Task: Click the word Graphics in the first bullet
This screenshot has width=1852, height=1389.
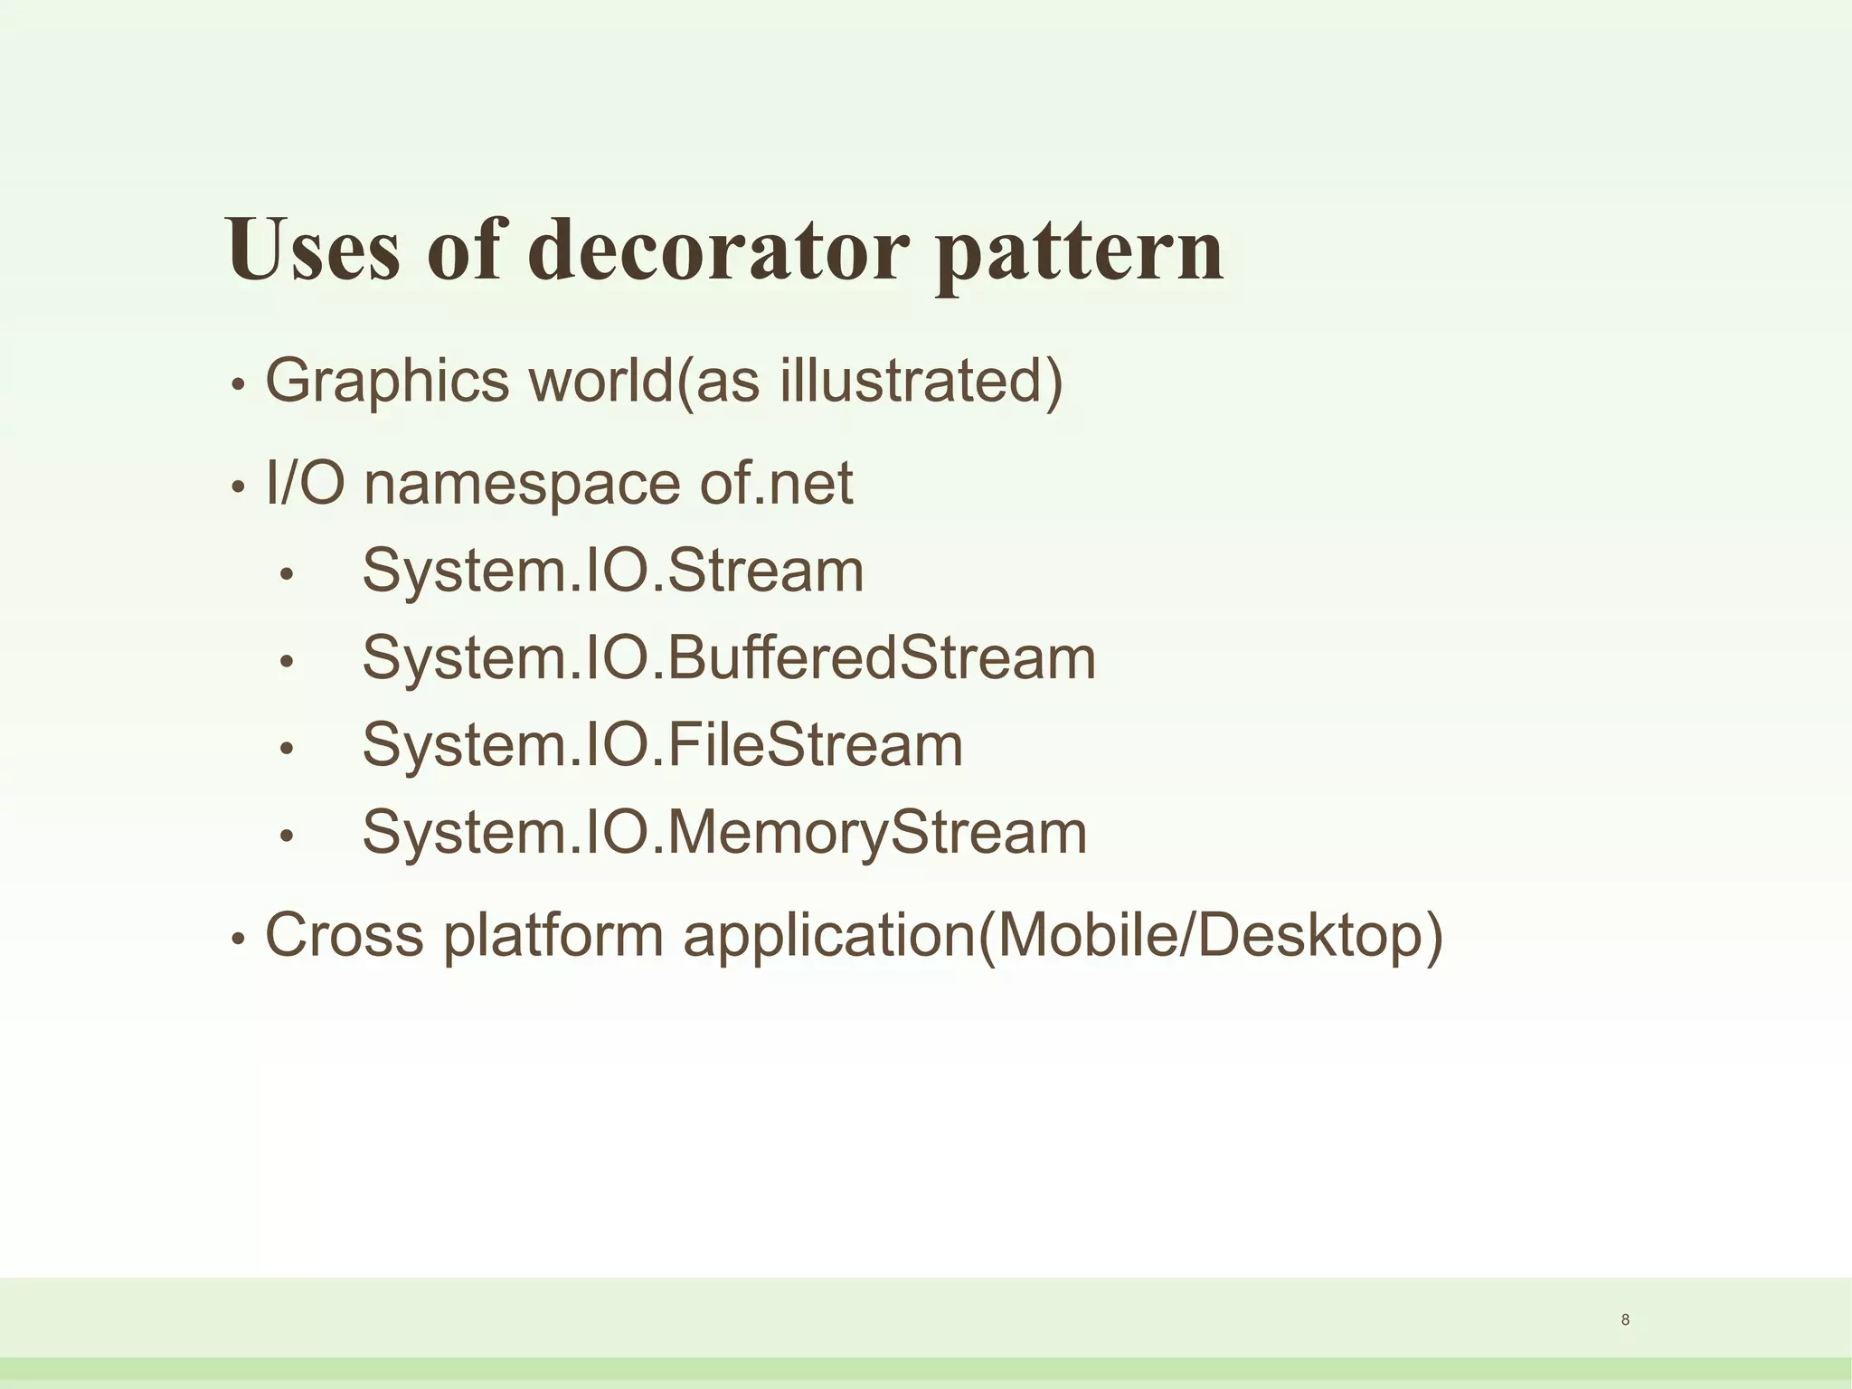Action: (x=387, y=383)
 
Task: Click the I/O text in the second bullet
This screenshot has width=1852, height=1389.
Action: (x=305, y=484)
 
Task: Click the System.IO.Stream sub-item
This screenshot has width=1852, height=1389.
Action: (x=613, y=571)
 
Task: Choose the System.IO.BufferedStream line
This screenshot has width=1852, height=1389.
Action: (x=729, y=658)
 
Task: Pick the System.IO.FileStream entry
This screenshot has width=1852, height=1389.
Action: (x=663, y=745)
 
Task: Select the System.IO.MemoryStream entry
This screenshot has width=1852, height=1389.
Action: (x=724, y=833)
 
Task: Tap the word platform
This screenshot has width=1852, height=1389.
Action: (x=553, y=936)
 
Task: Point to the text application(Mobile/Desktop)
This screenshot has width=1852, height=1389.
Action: (x=1063, y=936)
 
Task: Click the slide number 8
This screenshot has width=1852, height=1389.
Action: (x=1625, y=1320)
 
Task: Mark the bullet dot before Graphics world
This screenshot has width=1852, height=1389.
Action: (x=238, y=384)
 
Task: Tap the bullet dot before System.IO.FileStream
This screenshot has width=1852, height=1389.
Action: (x=287, y=749)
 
